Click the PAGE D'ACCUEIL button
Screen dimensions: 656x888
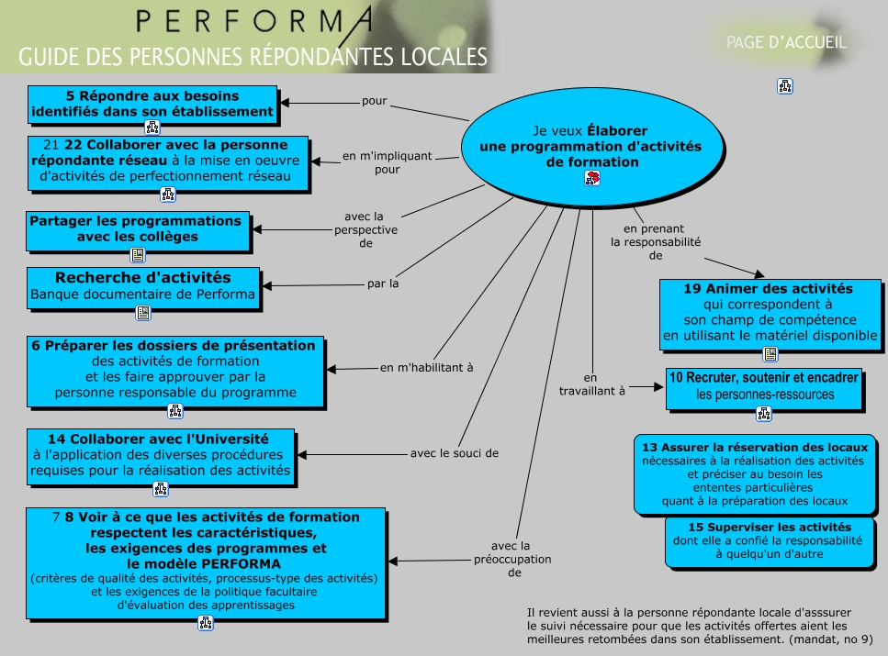tap(786, 42)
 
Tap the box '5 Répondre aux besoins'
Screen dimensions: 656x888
tap(152, 104)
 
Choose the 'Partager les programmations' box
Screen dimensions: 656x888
tap(138, 229)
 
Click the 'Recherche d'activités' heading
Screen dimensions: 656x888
tap(143, 277)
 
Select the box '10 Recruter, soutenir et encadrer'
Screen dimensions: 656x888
tap(764, 386)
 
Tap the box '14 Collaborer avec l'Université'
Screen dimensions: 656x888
tap(161, 454)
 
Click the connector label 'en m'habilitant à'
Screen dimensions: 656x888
tap(427, 368)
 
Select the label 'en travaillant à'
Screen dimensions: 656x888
tap(591, 384)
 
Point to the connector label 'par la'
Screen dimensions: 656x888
tap(383, 284)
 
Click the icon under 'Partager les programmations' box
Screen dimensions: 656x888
tap(138, 256)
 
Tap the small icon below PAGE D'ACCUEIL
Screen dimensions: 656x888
tap(785, 86)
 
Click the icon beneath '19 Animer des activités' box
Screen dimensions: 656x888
tap(770, 354)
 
